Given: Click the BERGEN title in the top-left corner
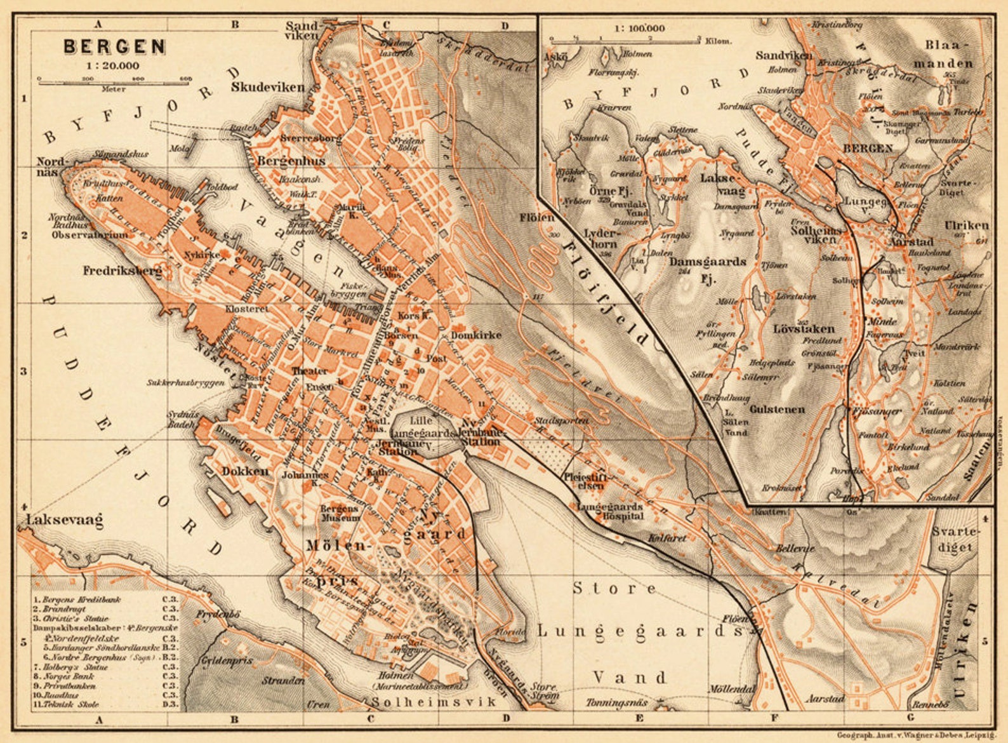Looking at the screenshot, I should pos(114,47).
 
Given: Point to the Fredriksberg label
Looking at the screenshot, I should pos(123,271).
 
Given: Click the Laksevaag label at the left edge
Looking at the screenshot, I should pos(64,521).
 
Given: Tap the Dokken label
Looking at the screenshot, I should pos(245,471).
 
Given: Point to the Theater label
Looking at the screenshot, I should pos(309,371).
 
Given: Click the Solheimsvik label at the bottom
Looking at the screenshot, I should pos(434,702).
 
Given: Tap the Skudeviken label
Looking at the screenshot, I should pos(268,88).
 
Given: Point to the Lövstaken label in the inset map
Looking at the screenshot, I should pos(804,328).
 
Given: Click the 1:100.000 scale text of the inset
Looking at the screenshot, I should pos(639,29).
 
